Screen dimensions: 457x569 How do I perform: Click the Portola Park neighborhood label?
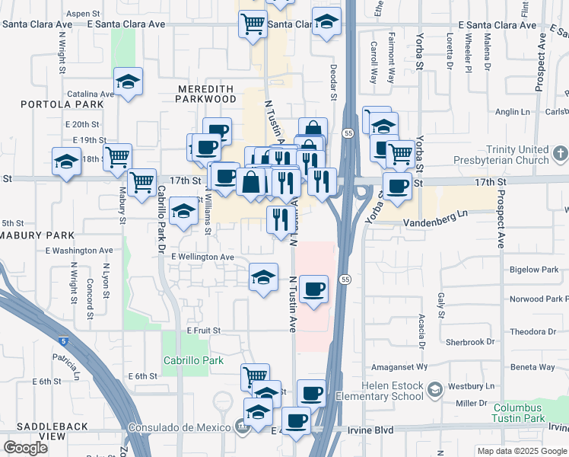coord(52,104)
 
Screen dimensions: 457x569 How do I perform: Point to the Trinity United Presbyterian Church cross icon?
coord(560,155)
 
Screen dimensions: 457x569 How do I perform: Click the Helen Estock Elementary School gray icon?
coord(434,391)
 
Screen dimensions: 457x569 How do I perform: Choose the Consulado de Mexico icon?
coord(242,427)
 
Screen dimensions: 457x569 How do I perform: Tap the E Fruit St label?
coord(203,331)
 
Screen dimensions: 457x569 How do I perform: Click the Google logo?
coord(26,448)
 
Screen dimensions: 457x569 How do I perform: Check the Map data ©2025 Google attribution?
coord(521,451)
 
